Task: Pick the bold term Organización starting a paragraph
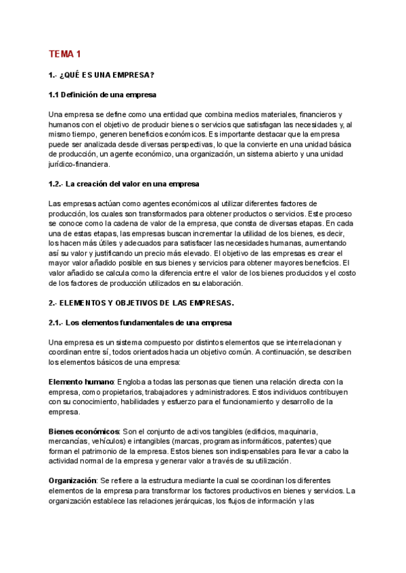coord(73,480)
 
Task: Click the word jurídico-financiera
coord(82,164)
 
